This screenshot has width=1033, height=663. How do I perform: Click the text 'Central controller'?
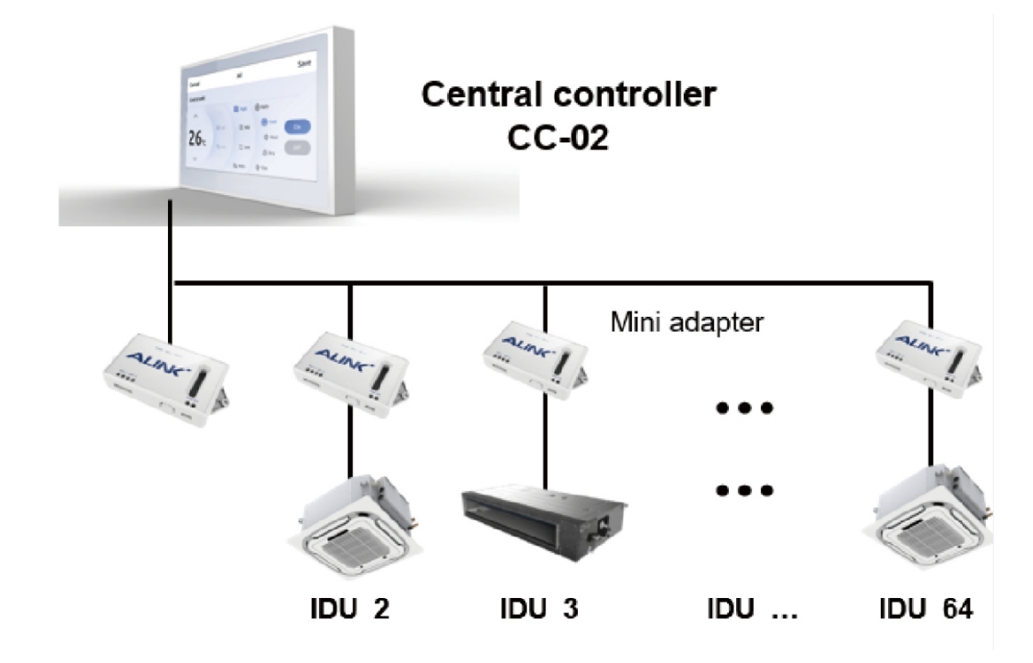pos(568,94)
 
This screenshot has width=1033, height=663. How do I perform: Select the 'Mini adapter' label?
pos(686,322)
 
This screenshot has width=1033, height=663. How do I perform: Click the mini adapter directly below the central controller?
pos(166,382)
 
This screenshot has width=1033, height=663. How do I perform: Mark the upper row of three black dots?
pos(741,408)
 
